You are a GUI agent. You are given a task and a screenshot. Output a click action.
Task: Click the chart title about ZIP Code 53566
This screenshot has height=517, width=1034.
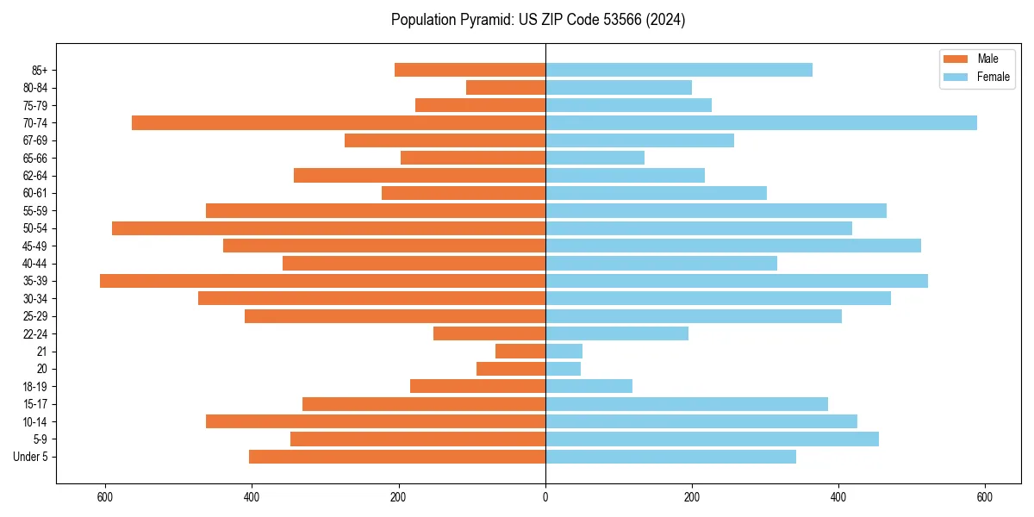coord(538,20)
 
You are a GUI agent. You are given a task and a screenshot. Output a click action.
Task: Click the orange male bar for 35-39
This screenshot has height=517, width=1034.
coord(322,281)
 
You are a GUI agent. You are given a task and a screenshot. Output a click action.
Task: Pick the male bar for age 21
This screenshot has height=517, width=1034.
coord(520,352)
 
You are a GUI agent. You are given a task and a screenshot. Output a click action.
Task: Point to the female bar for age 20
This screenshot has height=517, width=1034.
coord(563,369)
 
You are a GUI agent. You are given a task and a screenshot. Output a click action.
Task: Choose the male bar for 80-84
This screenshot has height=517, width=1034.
coord(506,88)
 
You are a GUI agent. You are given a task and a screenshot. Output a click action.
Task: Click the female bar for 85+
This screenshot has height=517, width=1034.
coord(679,70)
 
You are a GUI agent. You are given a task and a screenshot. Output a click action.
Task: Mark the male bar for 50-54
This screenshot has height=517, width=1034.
coord(328,228)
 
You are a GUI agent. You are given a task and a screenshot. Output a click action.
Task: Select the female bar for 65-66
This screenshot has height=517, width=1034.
coord(595,158)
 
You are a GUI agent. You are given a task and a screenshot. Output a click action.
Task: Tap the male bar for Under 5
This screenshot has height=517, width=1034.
coord(397,457)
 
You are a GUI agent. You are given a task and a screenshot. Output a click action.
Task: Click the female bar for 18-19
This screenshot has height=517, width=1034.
coord(589,386)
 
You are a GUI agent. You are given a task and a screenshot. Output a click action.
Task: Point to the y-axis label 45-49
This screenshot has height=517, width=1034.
coord(35,246)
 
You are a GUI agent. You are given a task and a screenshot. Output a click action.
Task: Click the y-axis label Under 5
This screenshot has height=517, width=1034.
coord(31,457)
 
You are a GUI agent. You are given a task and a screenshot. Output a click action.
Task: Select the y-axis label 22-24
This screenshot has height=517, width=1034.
coord(35,334)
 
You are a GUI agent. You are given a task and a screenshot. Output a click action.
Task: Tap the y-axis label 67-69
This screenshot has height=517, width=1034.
coord(35,140)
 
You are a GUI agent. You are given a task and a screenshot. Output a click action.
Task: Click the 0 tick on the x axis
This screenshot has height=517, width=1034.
coord(545,497)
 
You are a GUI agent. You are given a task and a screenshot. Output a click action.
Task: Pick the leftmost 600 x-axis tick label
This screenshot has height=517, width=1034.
coord(105,497)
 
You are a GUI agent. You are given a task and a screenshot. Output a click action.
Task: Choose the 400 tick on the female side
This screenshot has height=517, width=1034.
coord(838,497)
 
